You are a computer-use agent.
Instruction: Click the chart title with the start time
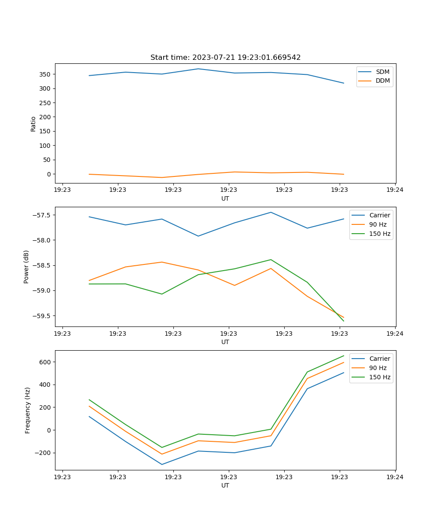225,58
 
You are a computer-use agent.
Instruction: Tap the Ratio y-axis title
33,124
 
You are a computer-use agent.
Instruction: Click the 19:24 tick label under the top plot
395,190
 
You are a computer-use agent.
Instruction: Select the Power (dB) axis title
26,267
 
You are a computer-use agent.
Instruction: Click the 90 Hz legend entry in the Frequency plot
378,368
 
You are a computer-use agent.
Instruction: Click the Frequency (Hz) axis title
28,410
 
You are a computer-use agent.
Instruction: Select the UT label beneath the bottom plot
225,485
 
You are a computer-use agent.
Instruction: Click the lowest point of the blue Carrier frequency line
162,464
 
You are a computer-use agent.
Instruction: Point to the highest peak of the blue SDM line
198,69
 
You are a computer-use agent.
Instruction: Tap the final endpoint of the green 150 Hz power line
344,321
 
